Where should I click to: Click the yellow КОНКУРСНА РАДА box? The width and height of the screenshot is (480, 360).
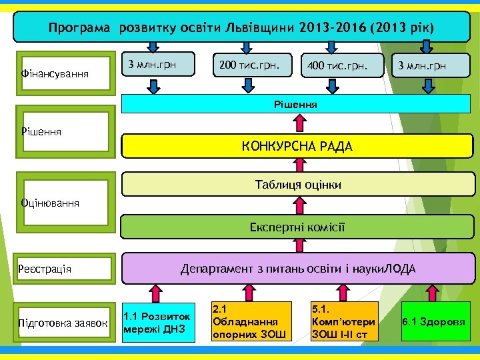coord(297,145)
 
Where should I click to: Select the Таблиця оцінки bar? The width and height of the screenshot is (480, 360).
coord(297,185)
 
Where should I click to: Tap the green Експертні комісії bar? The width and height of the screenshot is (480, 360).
coord(297,227)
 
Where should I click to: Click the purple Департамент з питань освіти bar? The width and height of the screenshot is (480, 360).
coord(297,269)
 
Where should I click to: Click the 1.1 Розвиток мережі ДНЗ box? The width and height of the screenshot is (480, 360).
coord(158,321)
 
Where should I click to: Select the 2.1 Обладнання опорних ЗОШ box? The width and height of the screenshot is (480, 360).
coord(251,321)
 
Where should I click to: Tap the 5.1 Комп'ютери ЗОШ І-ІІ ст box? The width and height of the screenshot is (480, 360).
coord(344,321)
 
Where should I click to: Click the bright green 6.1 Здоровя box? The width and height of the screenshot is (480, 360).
coord(433,321)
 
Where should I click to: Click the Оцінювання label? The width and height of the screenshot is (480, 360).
coord(51,202)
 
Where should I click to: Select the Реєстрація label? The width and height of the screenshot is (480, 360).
coord(46,269)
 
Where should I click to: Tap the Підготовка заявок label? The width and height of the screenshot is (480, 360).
coord(64,323)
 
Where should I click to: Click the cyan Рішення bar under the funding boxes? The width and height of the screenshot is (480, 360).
coord(297,104)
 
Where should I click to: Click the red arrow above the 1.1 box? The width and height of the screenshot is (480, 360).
coord(155,292)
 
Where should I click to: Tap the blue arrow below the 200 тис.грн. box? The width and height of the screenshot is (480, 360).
coord(247,84)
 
